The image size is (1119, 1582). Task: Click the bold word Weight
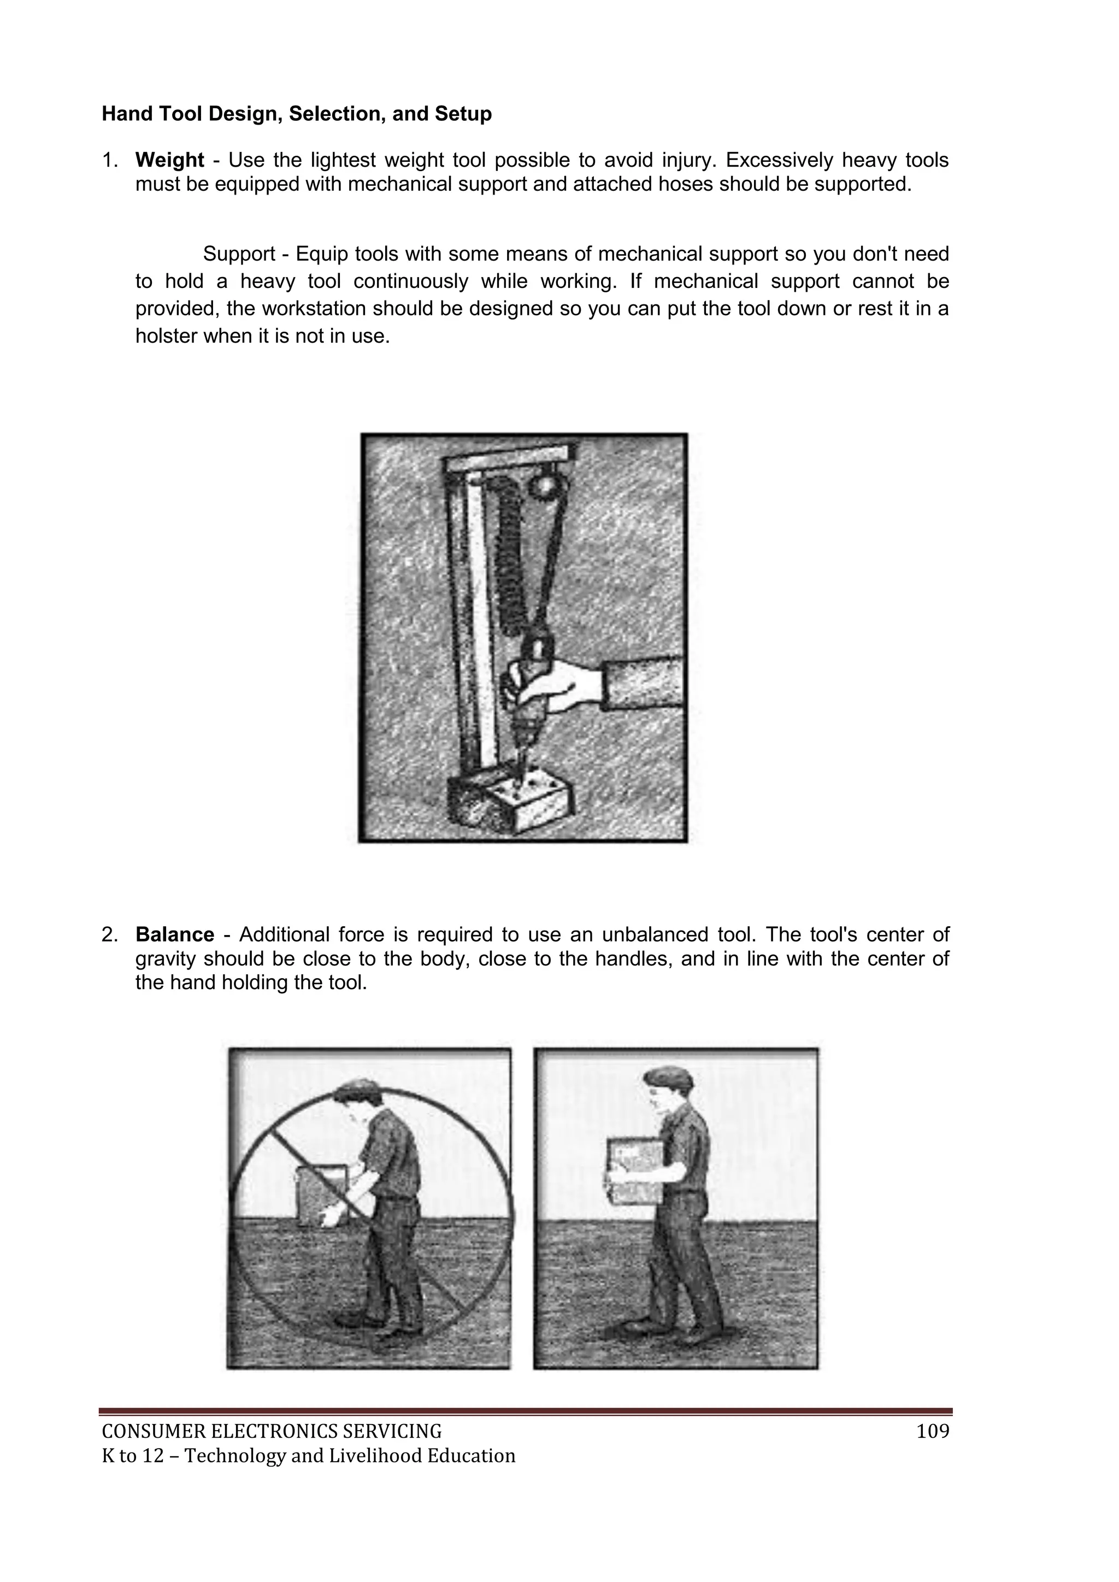click(169, 161)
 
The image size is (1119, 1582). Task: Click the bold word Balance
click(174, 935)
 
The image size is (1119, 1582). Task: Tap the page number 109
click(933, 1432)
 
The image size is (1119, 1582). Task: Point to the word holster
click(166, 337)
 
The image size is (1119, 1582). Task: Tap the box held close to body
click(633, 1172)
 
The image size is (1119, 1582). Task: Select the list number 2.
click(109, 935)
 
